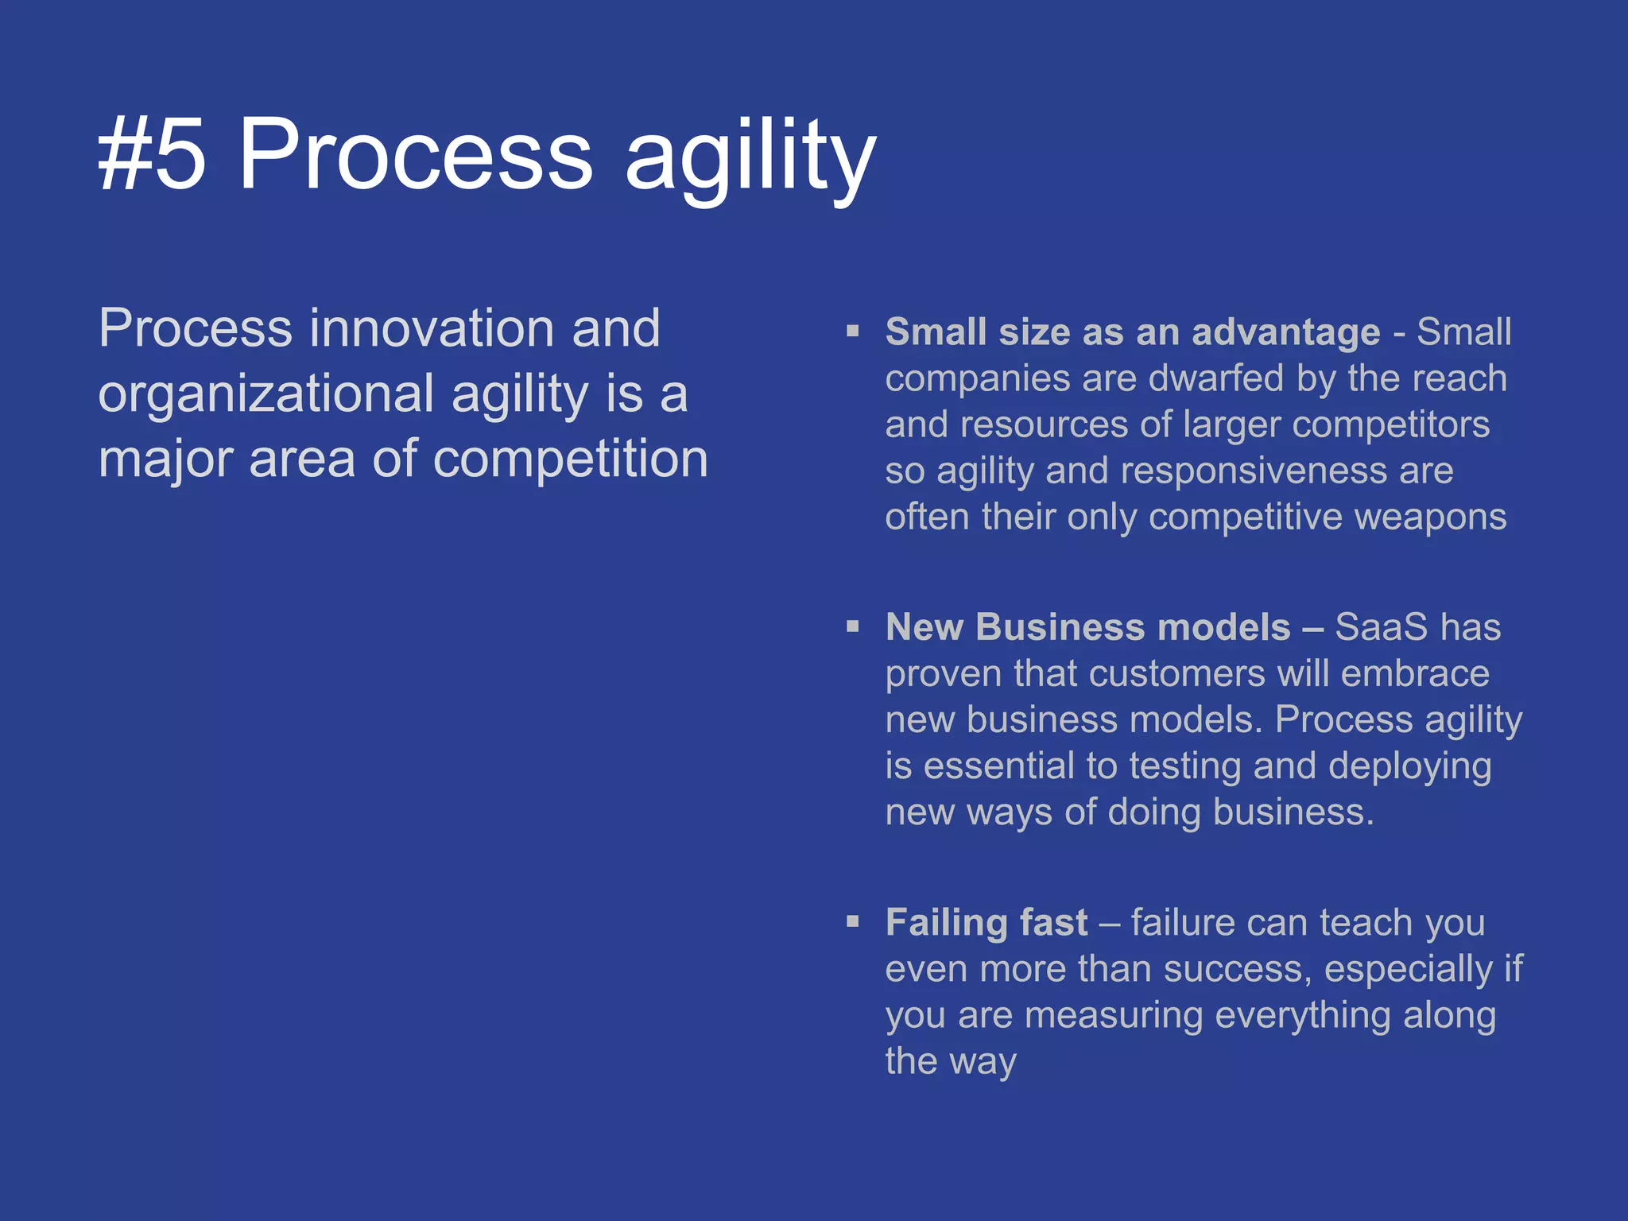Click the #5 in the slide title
coord(151,154)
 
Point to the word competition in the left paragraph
coord(570,460)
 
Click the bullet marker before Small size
coord(853,331)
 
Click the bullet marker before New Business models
coord(853,626)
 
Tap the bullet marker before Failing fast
coord(853,922)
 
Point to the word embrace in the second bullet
coord(1415,674)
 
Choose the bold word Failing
coord(947,924)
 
